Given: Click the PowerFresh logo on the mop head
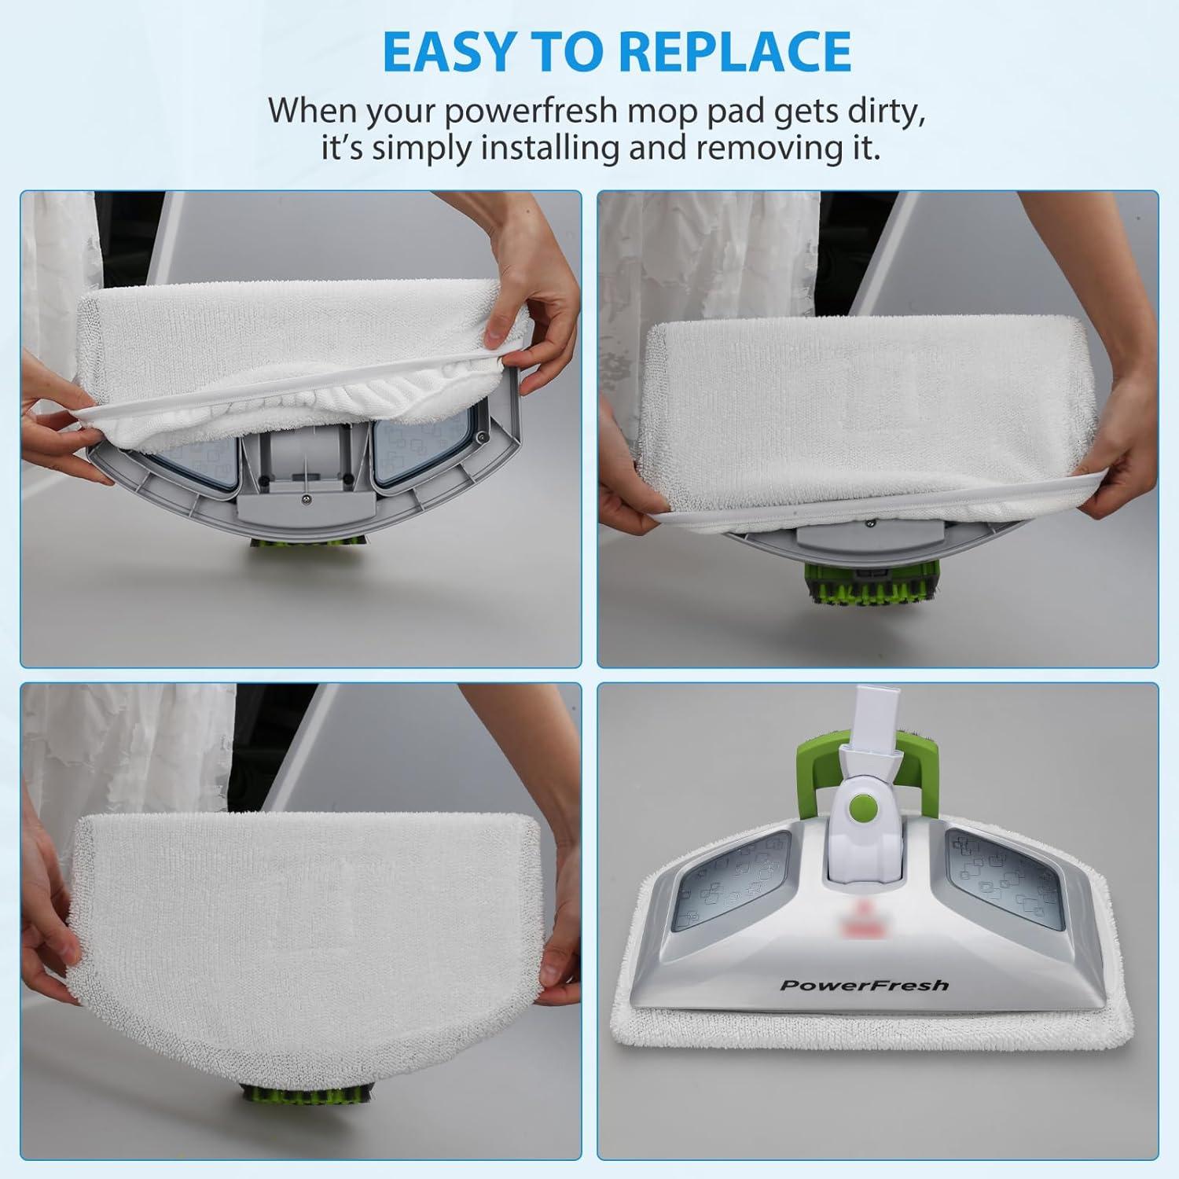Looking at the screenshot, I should click(x=864, y=985).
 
